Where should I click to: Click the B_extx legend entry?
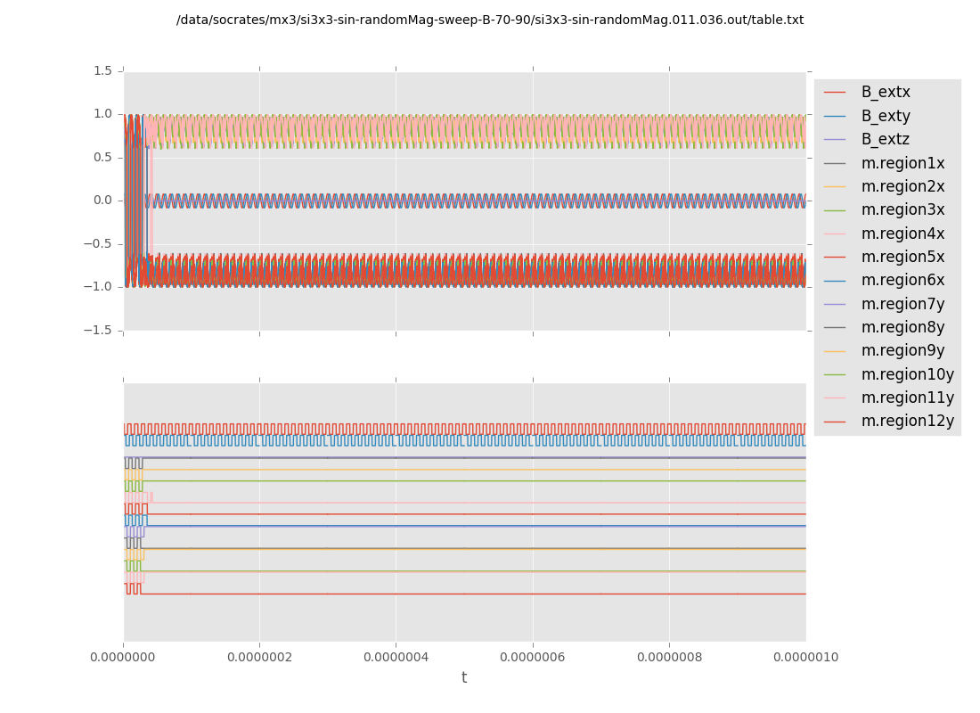[886, 92]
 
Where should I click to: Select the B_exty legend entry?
[886, 116]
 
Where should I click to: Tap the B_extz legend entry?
[886, 139]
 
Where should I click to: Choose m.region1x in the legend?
[902, 163]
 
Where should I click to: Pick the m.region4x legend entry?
[902, 234]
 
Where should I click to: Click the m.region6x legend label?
[902, 280]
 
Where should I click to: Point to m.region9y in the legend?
[902, 350]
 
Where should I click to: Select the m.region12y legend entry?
[907, 421]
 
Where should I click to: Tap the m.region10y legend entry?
[907, 374]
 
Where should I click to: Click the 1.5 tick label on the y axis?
[102, 70]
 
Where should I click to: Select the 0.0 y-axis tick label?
[102, 201]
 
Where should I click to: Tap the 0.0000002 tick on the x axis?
[259, 658]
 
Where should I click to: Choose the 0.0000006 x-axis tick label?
[533, 658]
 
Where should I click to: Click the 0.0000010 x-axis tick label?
[805, 658]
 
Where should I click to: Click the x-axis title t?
[464, 678]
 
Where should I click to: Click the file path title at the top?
[490, 20]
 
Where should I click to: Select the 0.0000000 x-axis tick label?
[123, 658]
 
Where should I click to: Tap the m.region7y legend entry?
[902, 304]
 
